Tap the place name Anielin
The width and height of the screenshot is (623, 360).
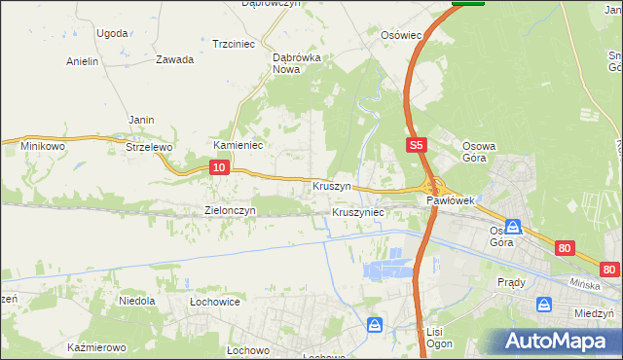click(x=83, y=61)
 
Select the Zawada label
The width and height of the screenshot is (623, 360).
click(x=174, y=58)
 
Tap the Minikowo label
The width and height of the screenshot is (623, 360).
click(x=42, y=146)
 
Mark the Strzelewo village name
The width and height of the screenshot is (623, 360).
click(x=149, y=147)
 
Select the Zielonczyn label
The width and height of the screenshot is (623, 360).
click(x=230, y=210)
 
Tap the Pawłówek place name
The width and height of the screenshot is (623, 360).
click(x=450, y=200)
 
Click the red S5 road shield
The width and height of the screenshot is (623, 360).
click(x=416, y=145)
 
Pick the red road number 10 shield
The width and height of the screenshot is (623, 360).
click(x=219, y=168)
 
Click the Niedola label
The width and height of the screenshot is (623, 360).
click(x=137, y=301)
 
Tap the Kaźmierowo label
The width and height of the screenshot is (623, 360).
click(x=97, y=347)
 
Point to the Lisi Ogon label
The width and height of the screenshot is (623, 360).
click(x=435, y=338)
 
